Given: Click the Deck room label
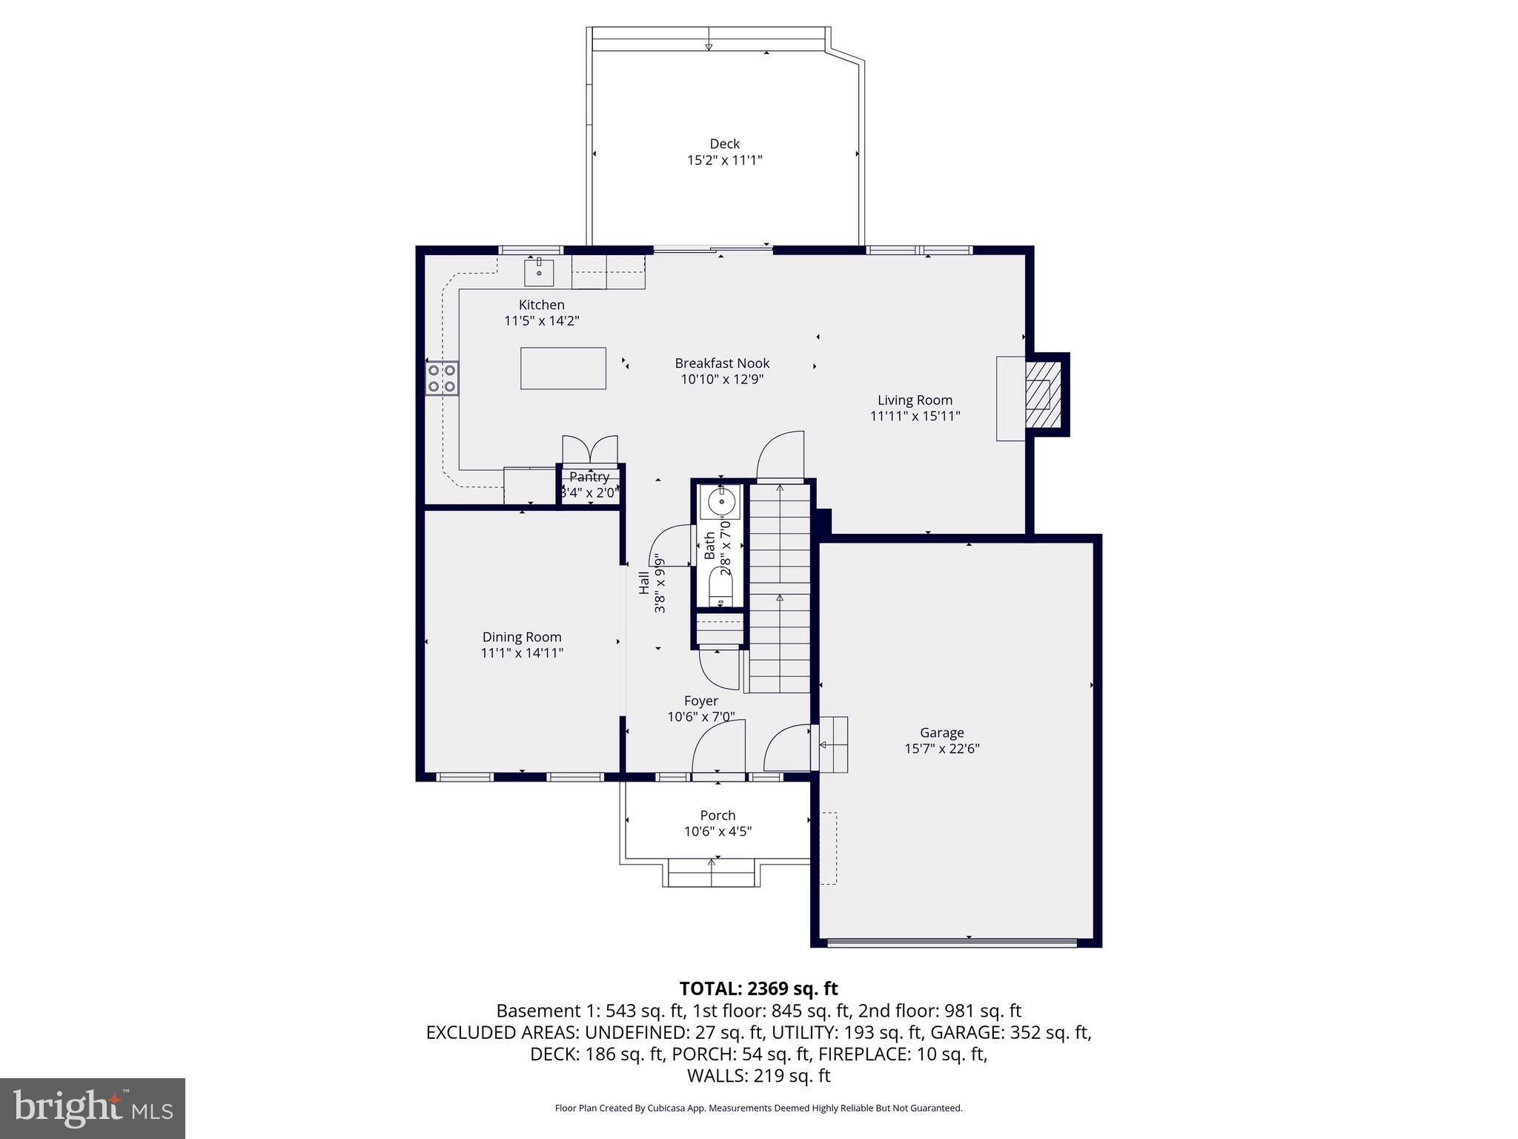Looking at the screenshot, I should click(x=724, y=144).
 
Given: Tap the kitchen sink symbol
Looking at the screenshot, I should click(x=539, y=272).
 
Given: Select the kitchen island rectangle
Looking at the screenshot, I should click(x=563, y=368).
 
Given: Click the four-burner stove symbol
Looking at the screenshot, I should click(x=442, y=378).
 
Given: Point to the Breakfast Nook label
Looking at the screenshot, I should click(x=722, y=363).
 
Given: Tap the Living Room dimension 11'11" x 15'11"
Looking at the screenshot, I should click(x=915, y=416).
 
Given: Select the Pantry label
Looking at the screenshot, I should click(x=589, y=477).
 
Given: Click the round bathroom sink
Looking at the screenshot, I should click(x=720, y=502).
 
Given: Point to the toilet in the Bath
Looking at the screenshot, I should click(x=720, y=587).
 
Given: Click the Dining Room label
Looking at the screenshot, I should click(x=522, y=637).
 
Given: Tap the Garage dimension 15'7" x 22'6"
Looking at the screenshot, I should click(x=941, y=749).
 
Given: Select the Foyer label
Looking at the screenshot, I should click(x=700, y=701).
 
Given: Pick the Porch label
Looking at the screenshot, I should click(x=717, y=816).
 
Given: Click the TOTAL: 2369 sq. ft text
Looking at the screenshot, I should click(x=758, y=988).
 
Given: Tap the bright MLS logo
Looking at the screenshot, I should click(x=93, y=1108).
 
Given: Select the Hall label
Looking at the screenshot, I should click(x=643, y=582).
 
